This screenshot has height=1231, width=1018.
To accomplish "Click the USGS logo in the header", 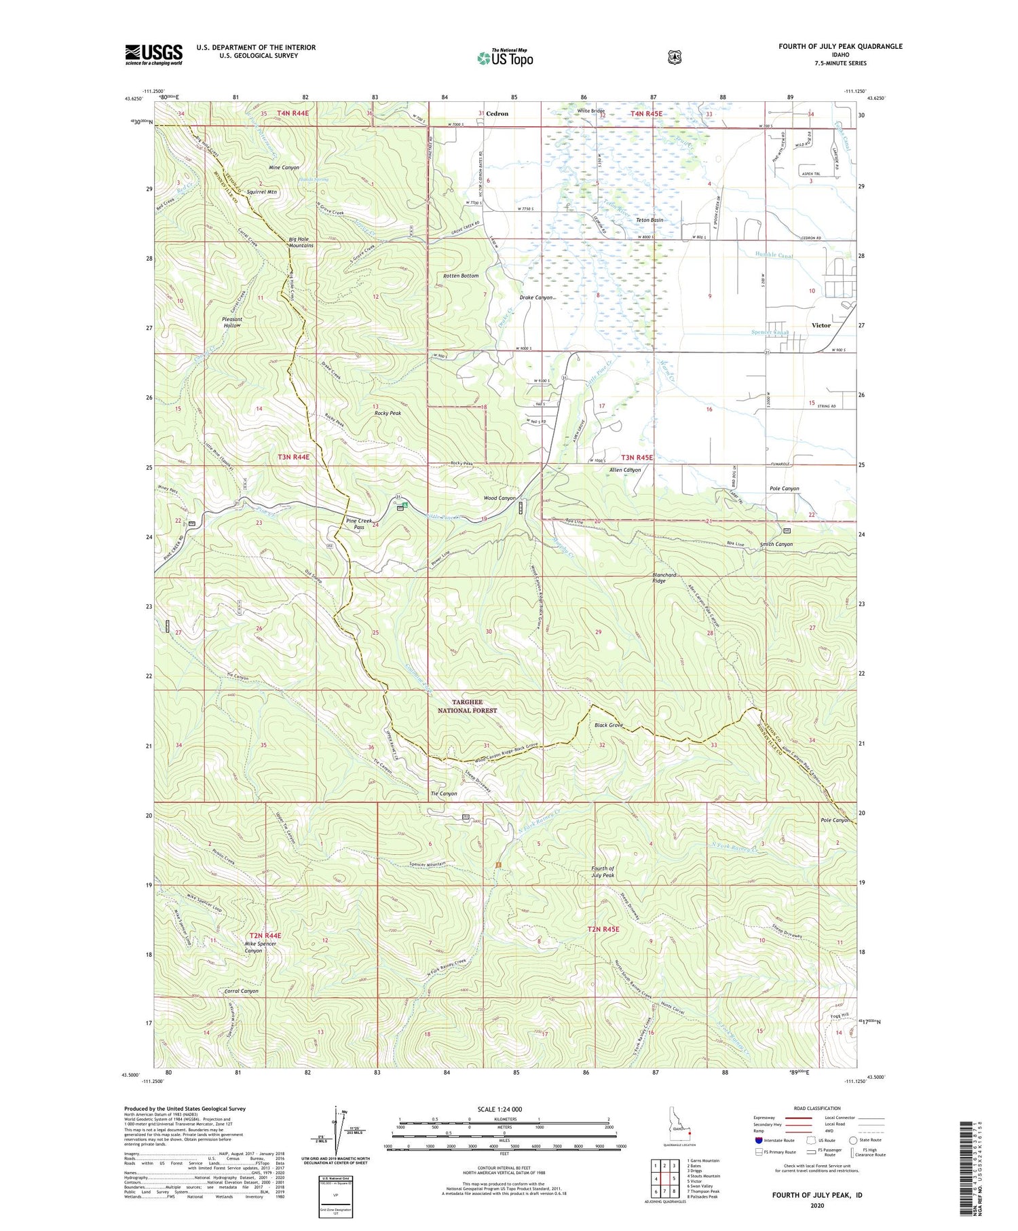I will click(153, 54).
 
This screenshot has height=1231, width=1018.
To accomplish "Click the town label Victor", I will click(821, 325).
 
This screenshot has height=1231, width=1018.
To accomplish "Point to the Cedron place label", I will click(497, 113).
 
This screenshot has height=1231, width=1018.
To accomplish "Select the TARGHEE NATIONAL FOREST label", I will click(466, 706).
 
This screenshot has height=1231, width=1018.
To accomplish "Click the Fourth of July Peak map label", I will click(603, 872).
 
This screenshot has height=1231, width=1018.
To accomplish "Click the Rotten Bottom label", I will click(461, 276).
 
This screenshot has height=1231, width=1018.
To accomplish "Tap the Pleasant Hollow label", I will click(232, 322).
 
